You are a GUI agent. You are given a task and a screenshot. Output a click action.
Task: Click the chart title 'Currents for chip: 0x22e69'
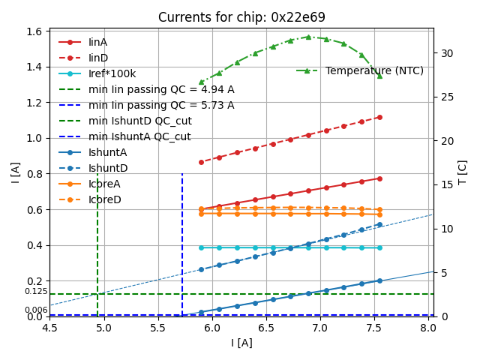(x=241, y=17)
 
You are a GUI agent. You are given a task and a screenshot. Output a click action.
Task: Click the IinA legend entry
(x=98, y=42)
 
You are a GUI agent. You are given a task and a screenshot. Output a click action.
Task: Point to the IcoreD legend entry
(x=105, y=199)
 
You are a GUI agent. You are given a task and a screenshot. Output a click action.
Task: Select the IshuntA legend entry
(x=108, y=152)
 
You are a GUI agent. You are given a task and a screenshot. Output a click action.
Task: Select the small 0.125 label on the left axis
(x=36, y=291)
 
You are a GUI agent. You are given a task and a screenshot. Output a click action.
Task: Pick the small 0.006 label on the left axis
(x=36, y=310)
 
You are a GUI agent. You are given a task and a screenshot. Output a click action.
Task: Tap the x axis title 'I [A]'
(x=241, y=343)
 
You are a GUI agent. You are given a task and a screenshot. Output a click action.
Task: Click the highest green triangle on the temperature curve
(x=308, y=36)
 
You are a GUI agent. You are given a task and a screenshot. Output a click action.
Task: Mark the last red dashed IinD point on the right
(x=379, y=117)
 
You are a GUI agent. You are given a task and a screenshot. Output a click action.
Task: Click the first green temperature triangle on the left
(x=201, y=82)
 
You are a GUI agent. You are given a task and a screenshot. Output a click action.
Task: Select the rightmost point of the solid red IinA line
(x=379, y=178)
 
